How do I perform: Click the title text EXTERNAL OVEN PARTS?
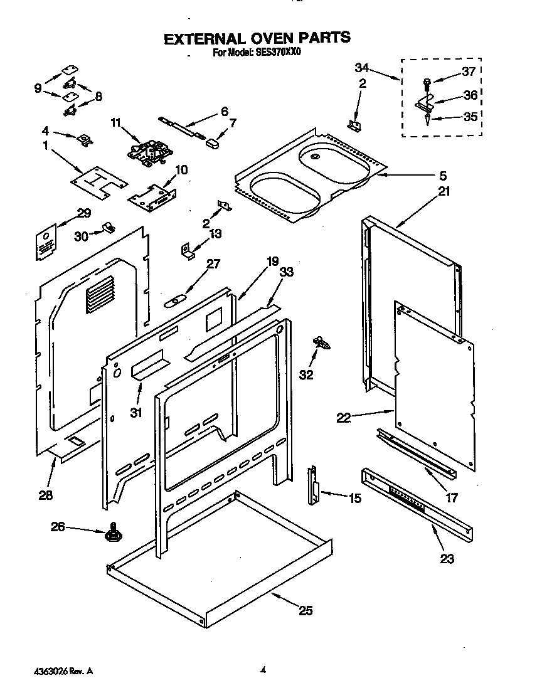pos(257,38)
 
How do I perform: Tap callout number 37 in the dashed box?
pos(468,71)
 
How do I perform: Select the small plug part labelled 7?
pos(211,142)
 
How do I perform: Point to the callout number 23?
pos(446,559)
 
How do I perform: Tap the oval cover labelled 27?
pos(175,301)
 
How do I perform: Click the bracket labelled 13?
pos(188,250)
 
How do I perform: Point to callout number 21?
pos(444,191)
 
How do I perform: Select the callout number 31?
pos(136,412)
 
